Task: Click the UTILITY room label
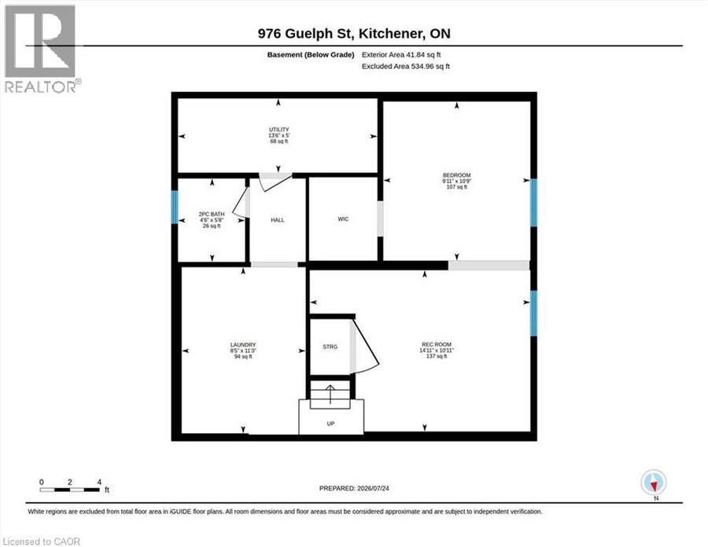(278, 130)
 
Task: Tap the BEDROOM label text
(456, 175)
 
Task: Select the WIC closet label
(343, 219)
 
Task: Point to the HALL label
(277, 220)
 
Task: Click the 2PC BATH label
(212, 215)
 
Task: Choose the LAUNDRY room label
(243, 345)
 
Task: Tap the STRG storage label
(330, 347)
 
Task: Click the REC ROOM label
(436, 344)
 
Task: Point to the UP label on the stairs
(330, 424)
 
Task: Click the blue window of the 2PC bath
(175, 207)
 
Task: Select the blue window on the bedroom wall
(533, 203)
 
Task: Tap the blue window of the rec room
(533, 313)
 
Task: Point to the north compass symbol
(654, 483)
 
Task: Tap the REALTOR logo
(41, 48)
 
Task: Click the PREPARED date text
(354, 488)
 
